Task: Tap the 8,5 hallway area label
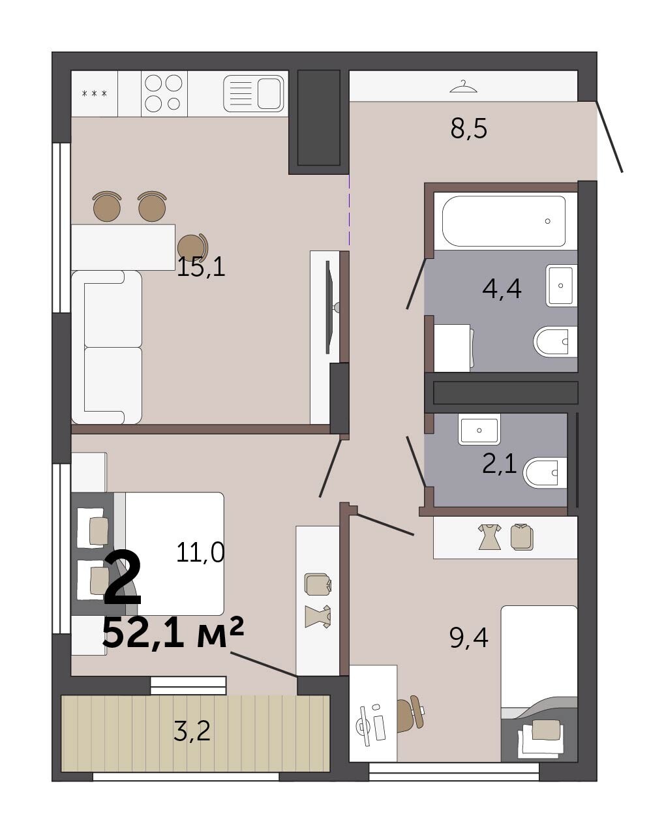(x=468, y=129)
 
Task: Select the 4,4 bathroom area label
(x=502, y=289)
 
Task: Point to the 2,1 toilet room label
(x=500, y=464)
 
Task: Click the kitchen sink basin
(x=269, y=93)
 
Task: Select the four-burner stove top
(x=164, y=93)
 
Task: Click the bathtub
(x=504, y=221)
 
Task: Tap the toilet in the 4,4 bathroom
(x=555, y=342)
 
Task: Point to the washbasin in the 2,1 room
(x=479, y=429)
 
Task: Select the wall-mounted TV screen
(x=328, y=307)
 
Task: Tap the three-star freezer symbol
(x=94, y=93)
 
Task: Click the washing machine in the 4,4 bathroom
(x=453, y=348)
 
